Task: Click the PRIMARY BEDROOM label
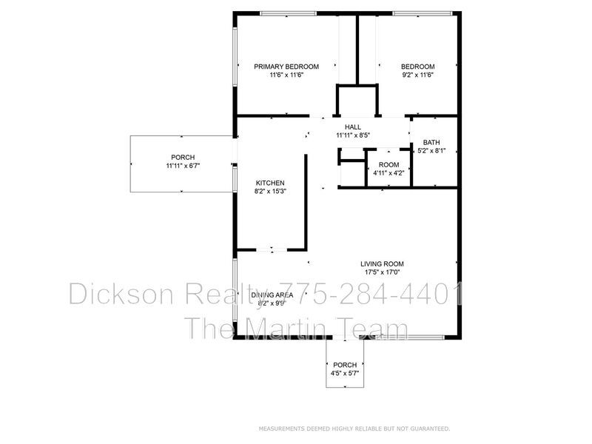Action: [286, 67]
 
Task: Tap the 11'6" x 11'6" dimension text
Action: [286, 75]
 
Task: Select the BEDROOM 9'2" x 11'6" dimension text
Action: [417, 75]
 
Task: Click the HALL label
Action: [353, 127]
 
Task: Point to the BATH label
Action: [431, 142]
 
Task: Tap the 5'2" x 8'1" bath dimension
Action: [431, 151]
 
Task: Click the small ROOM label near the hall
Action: [388, 164]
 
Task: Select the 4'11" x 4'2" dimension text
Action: [388, 173]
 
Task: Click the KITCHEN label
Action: [270, 183]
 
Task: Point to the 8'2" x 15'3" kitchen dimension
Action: [270, 192]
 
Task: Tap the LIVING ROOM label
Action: [382, 263]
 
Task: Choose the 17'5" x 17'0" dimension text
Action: [382, 272]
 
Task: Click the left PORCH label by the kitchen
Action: [183, 157]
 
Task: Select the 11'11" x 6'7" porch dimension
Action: [183, 166]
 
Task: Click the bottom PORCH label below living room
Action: [345, 365]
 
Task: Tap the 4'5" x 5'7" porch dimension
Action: [345, 374]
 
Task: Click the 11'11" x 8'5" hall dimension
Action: [353, 135]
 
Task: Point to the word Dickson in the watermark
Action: [121, 294]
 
